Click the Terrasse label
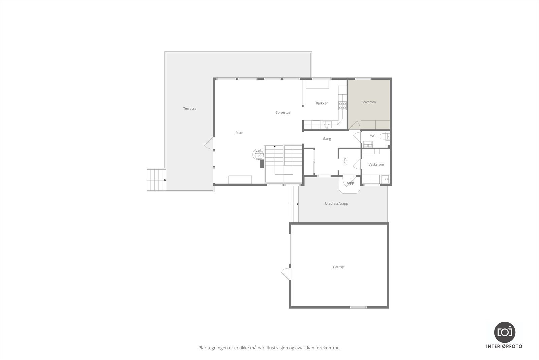pyautogui.click(x=190, y=109)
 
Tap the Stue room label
pyautogui.click(x=239, y=133)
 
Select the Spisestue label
pyautogui.click(x=283, y=112)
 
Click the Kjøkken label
pyautogui.click(x=322, y=103)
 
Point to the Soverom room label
pyautogui.click(x=369, y=102)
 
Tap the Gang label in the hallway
pyautogui.click(x=327, y=139)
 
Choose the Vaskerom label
pyautogui.click(x=376, y=165)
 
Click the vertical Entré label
pyautogui.click(x=345, y=161)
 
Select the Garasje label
pyautogui.click(x=339, y=267)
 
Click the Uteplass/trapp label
pyautogui.click(x=337, y=204)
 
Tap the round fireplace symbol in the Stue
pyautogui.click(x=259, y=154)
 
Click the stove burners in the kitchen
pyautogui.click(x=342, y=106)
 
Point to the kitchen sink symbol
pyautogui.click(x=327, y=125)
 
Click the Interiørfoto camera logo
pyautogui.click(x=505, y=332)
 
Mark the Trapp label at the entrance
pyautogui.click(x=350, y=183)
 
